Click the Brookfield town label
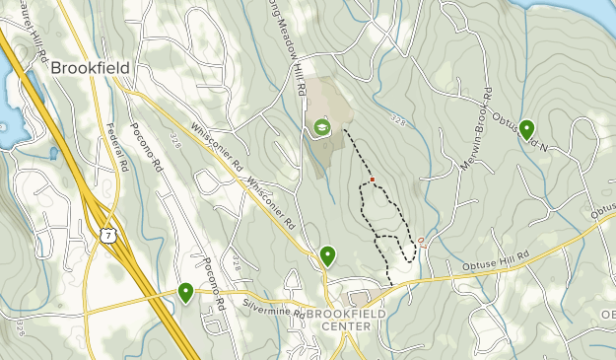pos(90,67)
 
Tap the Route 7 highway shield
pos(105,234)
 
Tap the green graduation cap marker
pos(320,127)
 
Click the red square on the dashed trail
pos(373,180)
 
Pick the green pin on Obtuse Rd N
pos(527,129)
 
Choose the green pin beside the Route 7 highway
pos(185,292)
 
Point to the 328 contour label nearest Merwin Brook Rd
pos(397,119)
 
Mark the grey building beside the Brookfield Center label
pos(359,297)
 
